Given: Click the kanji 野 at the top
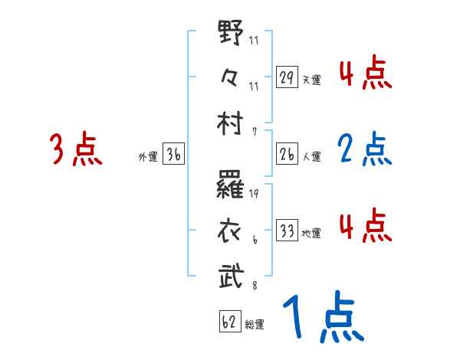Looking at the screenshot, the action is point(232,36).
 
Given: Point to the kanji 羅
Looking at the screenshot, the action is point(232,187).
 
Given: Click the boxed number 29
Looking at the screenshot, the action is point(287,77).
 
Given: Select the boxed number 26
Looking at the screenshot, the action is point(287,153).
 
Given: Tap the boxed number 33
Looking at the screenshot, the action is point(287,230).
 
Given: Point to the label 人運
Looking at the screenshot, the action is point(311,156).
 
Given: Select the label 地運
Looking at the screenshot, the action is point(311,233).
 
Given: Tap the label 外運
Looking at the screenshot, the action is point(147,157).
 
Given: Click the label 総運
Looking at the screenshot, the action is point(255,325).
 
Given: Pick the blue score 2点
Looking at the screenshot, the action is point(364,149).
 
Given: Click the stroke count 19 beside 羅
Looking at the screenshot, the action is point(253,193).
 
